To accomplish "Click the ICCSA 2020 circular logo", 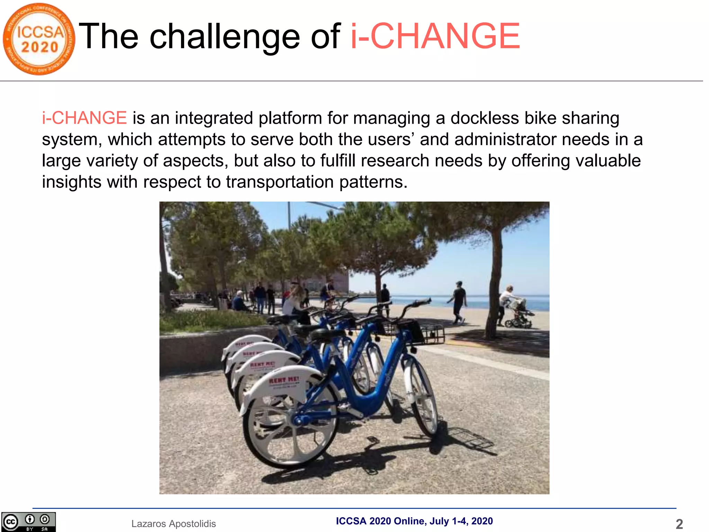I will [39, 39].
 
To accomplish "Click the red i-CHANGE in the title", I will [435, 36].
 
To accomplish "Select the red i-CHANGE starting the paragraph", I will [84, 118].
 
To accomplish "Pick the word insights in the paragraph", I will [72, 182].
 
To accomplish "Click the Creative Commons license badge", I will [28, 522].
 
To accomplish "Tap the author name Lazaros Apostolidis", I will [173, 524].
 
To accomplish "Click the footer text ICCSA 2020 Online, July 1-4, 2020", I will [414, 521].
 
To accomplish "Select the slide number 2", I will [679, 524].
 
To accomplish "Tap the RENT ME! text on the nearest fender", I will [284, 380].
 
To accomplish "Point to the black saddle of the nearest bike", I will [327, 334].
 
